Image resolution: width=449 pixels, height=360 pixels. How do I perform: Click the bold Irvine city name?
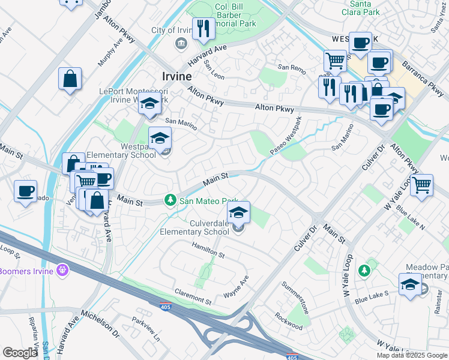(x=177, y=76)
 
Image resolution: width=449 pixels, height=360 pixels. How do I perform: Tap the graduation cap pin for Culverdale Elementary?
(x=238, y=212)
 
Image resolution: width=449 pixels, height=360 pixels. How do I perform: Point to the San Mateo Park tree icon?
(x=170, y=200)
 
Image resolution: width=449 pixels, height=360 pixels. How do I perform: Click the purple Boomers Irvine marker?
(x=61, y=271)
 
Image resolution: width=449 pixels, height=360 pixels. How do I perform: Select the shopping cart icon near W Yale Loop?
(x=422, y=184)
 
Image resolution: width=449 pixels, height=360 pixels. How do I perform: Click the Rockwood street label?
(x=289, y=323)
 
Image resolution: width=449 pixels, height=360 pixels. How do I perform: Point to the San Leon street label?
(x=214, y=70)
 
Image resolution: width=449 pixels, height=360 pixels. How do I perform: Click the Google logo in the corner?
(x=20, y=353)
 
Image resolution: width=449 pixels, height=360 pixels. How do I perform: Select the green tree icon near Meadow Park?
(x=364, y=271)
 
